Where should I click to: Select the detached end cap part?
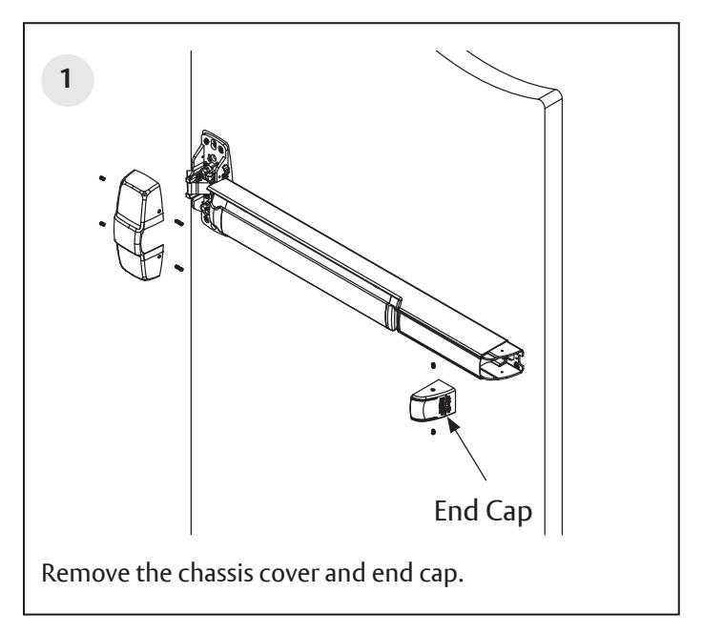click(x=428, y=398)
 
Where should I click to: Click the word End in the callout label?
click(x=456, y=512)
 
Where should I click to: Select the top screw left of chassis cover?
click(x=101, y=178)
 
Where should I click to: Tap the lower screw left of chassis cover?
click(x=101, y=224)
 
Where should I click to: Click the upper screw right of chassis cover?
click(x=178, y=222)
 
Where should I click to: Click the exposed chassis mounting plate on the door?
click(x=216, y=157)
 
